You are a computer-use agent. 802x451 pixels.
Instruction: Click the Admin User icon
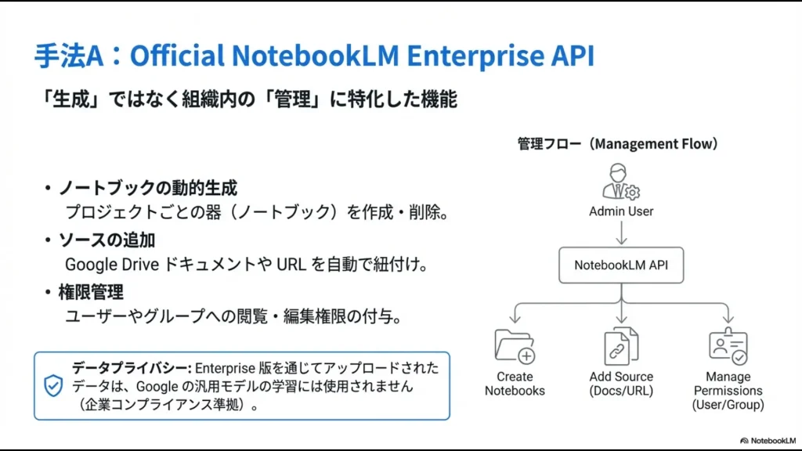coord(620,182)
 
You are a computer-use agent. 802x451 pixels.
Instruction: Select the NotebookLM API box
coord(621,265)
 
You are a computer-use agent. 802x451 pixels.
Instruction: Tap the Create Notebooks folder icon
coord(515,346)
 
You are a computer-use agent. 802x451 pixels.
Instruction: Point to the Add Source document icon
coord(621,346)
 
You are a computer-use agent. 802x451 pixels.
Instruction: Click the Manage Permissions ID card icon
coord(728,346)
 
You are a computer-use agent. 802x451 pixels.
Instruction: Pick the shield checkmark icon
coord(53,385)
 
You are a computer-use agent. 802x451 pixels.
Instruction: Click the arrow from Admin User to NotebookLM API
coord(621,233)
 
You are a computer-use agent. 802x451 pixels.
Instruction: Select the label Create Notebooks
coord(515,384)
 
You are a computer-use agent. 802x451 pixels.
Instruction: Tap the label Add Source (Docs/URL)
coord(621,384)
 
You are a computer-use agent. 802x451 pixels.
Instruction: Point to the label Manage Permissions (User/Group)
coord(728,390)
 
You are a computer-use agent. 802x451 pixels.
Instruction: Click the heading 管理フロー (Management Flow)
coord(618,144)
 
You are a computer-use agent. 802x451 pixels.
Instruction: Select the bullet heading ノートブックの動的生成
coord(147,188)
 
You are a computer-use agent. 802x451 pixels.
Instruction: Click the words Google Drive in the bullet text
coord(110,265)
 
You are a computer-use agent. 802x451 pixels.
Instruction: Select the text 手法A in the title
coord(74,56)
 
